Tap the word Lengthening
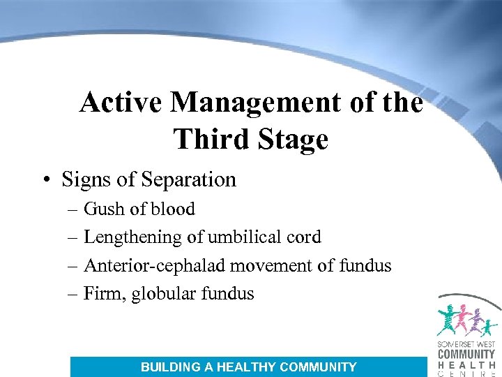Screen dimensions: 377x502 coord(132,237)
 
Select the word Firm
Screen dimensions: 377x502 coord(102,294)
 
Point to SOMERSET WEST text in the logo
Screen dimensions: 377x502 coord(466,344)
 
